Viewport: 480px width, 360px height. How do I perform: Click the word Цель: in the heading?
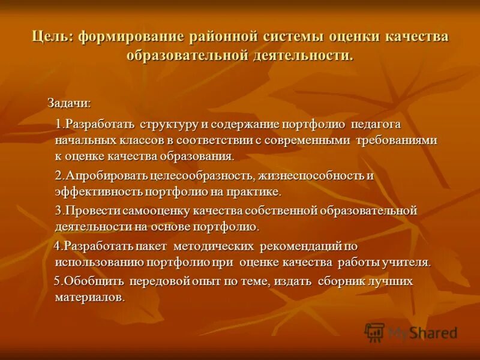(52, 37)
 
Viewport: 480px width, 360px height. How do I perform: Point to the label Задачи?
(70, 103)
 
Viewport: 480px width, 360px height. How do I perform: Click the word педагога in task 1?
(376, 125)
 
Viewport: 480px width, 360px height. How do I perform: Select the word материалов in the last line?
(89, 298)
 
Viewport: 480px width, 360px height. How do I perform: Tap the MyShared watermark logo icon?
(375, 332)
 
